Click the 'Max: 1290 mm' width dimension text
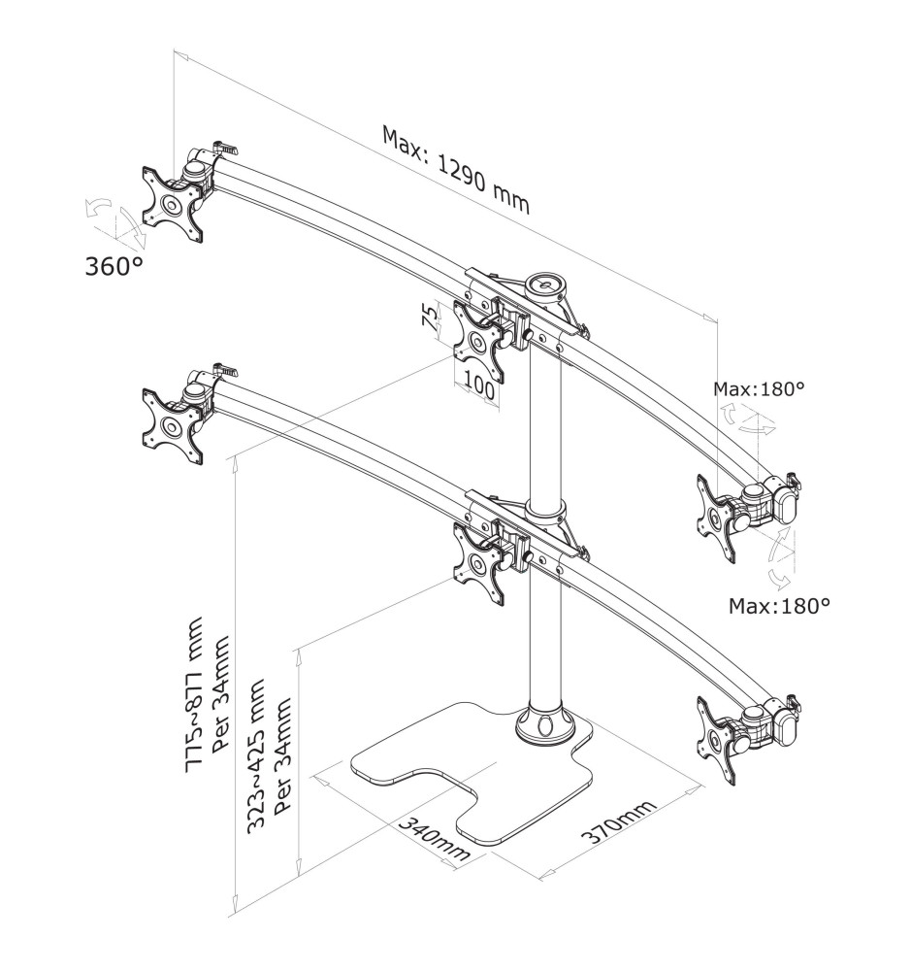click(456, 169)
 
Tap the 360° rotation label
click(114, 267)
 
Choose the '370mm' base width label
click(618, 821)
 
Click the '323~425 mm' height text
click(256, 756)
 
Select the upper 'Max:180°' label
click(759, 389)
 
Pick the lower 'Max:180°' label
click(779, 605)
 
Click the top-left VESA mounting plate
click(173, 204)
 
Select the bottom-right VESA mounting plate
click(718, 741)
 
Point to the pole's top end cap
click(545, 285)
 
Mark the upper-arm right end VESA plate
click(718, 519)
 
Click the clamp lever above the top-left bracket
click(225, 148)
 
